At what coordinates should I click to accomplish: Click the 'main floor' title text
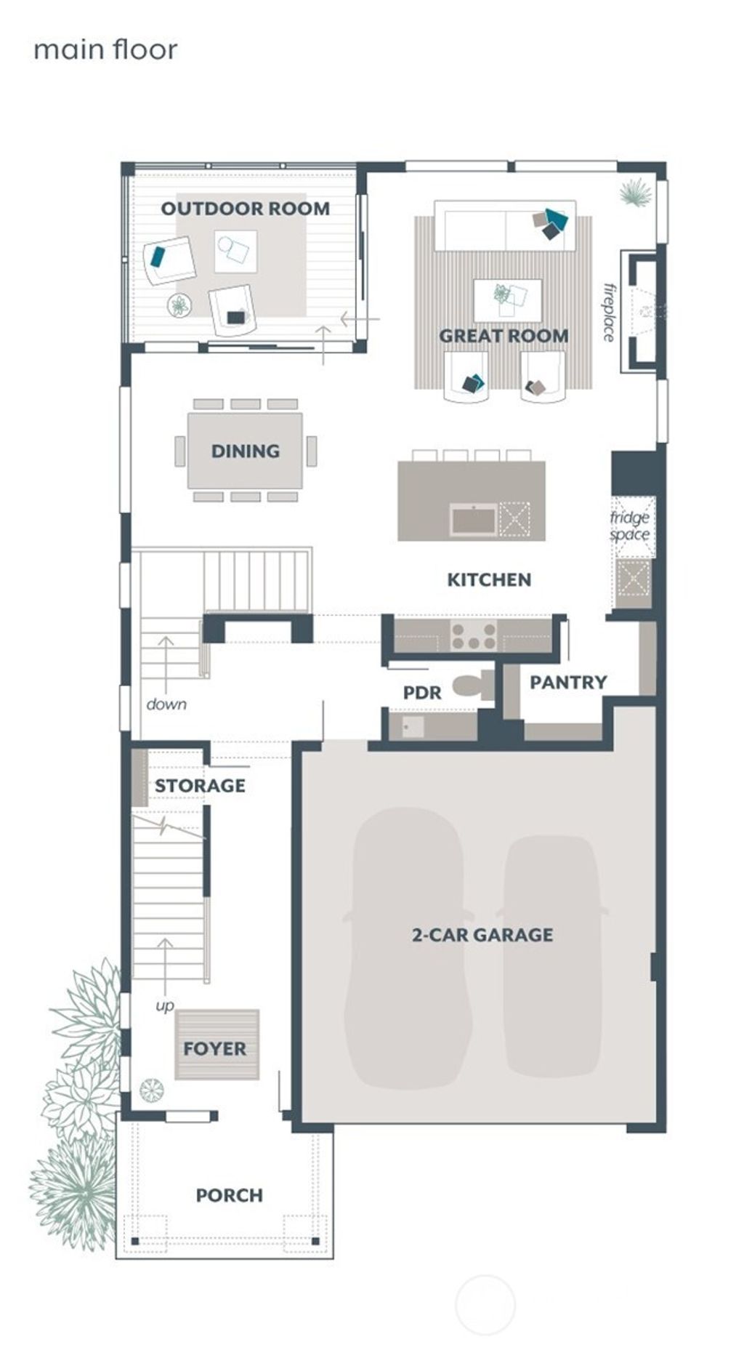click(x=105, y=49)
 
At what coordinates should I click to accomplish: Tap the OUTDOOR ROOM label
click(x=245, y=209)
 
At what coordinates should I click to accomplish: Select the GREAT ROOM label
click(x=504, y=336)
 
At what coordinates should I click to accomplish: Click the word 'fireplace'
click(x=609, y=312)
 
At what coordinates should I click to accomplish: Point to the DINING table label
click(x=245, y=451)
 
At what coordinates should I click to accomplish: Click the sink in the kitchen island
click(x=474, y=520)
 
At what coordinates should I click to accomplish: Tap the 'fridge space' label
click(x=629, y=526)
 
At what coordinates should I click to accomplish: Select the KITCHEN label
click(x=488, y=579)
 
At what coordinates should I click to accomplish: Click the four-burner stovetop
click(x=474, y=636)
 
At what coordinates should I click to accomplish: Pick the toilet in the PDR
click(x=471, y=686)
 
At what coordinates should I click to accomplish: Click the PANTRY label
click(x=567, y=682)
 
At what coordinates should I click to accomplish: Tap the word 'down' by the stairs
click(x=166, y=704)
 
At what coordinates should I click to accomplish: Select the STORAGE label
click(x=200, y=785)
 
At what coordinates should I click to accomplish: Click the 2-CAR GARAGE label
click(x=482, y=934)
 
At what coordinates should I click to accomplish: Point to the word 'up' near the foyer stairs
click(x=165, y=1005)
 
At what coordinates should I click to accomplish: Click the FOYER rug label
click(x=214, y=1048)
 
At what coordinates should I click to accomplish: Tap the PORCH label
click(x=229, y=1195)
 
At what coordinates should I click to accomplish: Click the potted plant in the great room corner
click(x=635, y=193)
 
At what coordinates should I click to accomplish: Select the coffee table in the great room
click(x=507, y=300)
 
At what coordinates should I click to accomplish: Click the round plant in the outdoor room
click(x=179, y=305)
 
